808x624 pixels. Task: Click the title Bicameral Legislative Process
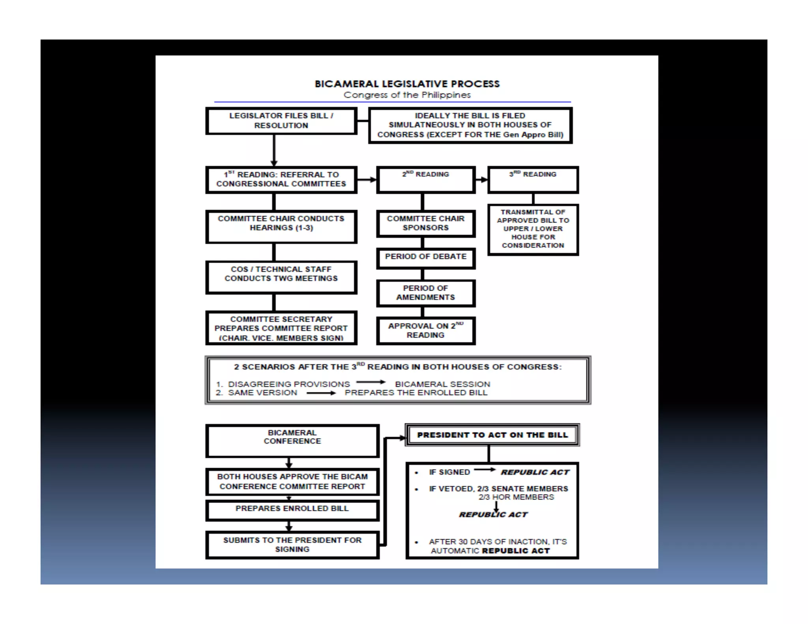(407, 84)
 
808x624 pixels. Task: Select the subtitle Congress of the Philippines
(407, 95)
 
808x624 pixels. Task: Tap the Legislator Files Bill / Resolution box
(281, 121)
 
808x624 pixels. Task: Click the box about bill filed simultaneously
(470, 125)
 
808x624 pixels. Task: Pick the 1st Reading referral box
(281, 179)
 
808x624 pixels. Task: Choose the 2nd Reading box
(425, 179)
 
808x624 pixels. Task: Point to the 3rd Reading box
(533, 179)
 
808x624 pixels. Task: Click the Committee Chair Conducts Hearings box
(281, 226)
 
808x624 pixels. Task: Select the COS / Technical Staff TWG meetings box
(281, 277)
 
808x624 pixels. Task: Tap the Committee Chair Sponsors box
(425, 223)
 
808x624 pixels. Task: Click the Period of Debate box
(425, 258)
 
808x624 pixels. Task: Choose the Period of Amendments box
(425, 293)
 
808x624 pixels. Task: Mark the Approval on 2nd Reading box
(425, 331)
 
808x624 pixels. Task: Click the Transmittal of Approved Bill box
(533, 229)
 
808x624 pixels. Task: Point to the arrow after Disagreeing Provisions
(370, 382)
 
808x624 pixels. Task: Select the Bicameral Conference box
(292, 441)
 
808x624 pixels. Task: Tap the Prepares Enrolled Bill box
(292, 510)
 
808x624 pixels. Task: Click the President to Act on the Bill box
(492, 435)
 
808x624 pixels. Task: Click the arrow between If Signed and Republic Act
(484, 469)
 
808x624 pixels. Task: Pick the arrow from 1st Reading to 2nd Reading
(367, 180)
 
